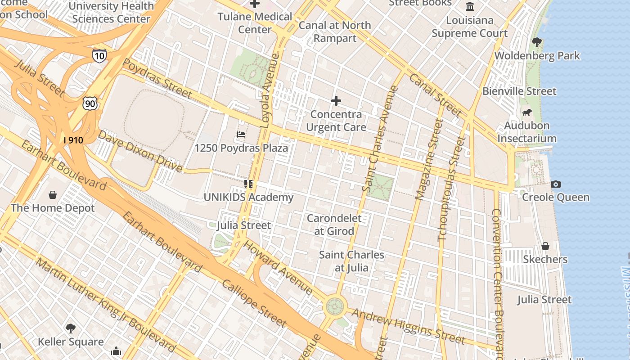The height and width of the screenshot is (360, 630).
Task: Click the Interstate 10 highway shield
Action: click(99, 55)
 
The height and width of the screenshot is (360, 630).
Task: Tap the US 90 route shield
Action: click(90, 103)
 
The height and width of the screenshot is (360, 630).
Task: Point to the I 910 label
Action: click(73, 140)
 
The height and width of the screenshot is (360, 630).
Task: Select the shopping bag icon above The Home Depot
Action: click(53, 195)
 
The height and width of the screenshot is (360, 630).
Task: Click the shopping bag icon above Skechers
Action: click(545, 246)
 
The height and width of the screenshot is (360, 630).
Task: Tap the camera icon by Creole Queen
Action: click(556, 184)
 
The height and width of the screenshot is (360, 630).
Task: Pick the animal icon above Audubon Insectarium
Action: click(526, 112)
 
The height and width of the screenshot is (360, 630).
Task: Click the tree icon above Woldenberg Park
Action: click(536, 43)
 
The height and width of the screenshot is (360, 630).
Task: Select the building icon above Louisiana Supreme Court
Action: click(470, 7)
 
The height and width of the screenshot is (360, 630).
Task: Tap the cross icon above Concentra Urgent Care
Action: click(336, 101)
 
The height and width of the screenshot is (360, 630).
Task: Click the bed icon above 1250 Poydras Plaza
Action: click(241, 135)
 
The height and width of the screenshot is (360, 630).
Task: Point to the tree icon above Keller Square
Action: click(70, 328)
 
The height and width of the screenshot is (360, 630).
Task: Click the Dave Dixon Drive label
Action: click(140, 152)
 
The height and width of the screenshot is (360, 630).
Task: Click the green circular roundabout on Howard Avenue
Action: click(334, 306)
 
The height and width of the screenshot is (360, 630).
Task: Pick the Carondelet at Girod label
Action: click(334, 225)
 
